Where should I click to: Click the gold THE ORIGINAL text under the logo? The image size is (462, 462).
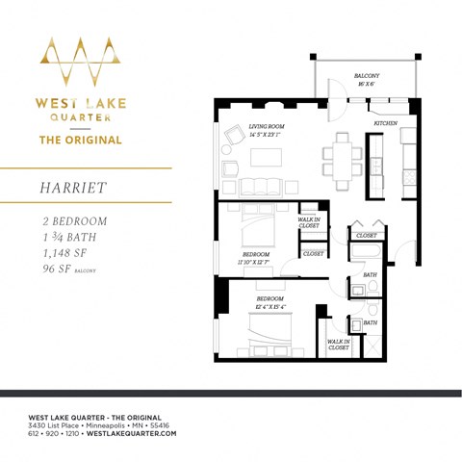[x=79, y=140]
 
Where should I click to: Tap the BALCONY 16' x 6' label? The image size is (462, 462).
[x=367, y=78]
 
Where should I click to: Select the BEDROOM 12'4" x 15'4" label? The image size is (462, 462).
[x=269, y=302]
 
